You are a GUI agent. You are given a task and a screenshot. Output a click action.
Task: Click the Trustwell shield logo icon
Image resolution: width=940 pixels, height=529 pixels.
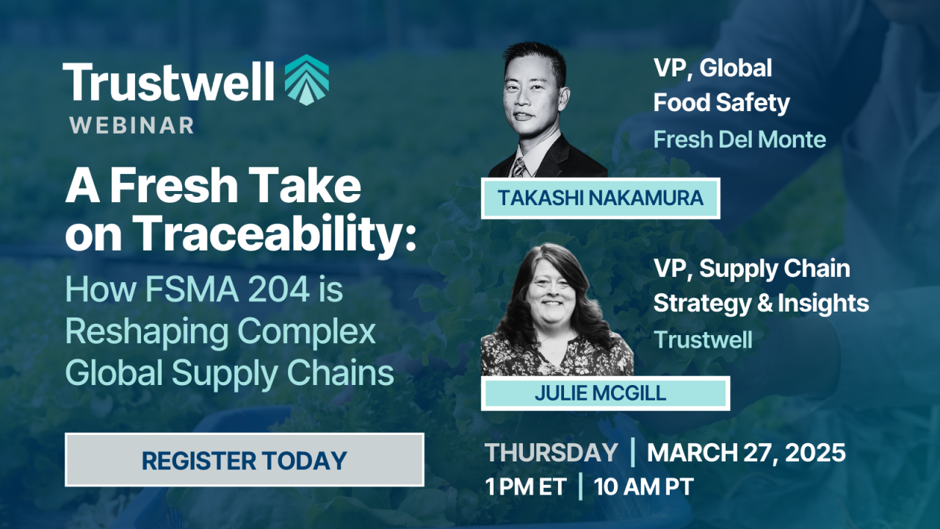pos(307,80)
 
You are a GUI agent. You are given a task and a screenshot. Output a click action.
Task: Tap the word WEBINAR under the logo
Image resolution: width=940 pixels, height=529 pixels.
pos(131,126)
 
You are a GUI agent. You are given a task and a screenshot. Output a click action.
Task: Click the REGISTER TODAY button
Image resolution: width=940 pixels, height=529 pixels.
pos(245,460)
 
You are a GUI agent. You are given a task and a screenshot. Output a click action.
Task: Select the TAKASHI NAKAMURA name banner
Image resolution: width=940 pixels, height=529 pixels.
pos(601,198)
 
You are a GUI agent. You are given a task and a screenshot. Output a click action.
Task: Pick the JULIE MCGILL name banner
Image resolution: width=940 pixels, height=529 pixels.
pos(605,393)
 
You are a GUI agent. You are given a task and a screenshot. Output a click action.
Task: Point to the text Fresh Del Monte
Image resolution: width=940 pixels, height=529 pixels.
pos(740,139)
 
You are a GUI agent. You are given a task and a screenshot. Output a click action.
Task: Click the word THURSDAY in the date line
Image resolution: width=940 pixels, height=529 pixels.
pos(552,453)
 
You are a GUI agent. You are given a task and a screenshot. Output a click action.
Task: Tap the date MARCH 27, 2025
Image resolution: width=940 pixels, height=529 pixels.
pos(746,453)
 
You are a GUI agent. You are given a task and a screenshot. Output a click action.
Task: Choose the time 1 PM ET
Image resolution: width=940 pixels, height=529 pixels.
pos(526,486)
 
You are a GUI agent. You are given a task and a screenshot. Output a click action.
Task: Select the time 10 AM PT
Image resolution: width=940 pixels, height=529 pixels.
pos(644,486)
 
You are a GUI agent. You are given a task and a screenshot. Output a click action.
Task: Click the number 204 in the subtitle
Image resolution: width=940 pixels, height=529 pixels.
pos(279,289)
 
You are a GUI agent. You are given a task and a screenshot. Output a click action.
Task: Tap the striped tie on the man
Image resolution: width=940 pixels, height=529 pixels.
pos(518,168)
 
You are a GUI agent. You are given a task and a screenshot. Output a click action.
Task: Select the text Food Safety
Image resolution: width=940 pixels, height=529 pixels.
pos(721,103)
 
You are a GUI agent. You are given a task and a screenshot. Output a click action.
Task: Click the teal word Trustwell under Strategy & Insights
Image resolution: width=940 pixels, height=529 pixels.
pos(704,339)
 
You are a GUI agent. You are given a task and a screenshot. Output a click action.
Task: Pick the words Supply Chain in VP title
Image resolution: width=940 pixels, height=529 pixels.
pos(775,269)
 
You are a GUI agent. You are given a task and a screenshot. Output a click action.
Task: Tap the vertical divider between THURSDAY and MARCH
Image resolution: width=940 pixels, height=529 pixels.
pos(632,452)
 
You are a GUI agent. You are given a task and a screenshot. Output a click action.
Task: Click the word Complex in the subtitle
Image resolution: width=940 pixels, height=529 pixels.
pos(306,331)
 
